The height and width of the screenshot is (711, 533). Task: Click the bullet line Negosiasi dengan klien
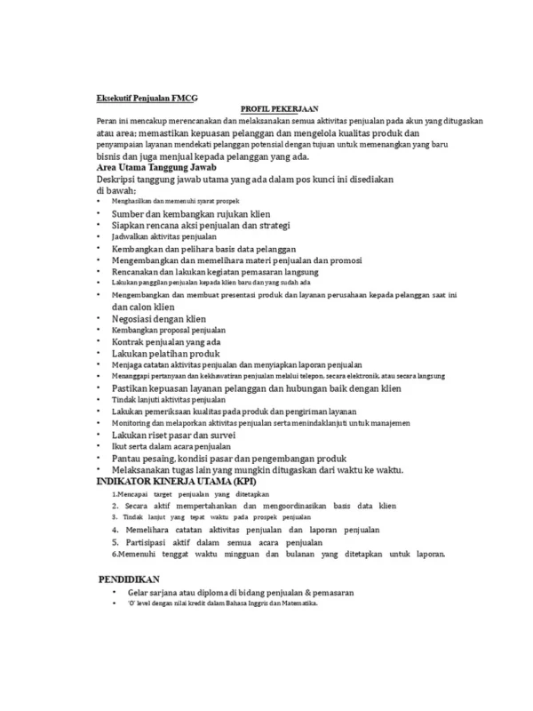pos(161,317)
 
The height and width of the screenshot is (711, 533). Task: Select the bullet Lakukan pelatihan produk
pos(165,353)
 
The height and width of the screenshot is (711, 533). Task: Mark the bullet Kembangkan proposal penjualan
pos(163,330)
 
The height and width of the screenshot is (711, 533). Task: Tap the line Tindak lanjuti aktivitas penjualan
pos(163,400)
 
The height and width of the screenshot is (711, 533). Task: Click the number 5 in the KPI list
pos(115,541)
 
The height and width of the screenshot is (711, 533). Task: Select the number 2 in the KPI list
pos(115,504)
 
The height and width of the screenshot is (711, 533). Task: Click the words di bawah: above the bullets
pos(115,190)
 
